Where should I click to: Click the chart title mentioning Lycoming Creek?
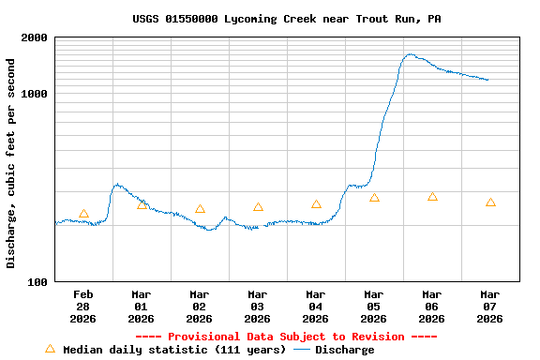tap(287, 19)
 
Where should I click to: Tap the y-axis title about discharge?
tap(11, 163)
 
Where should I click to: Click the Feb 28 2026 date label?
tap(83, 307)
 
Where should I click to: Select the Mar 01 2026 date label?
tap(142, 307)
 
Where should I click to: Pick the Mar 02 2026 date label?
tap(200, 307)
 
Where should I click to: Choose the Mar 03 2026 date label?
tap(258, 307)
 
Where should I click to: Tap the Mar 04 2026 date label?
tap(316, 307)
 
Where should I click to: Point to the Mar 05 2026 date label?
tap(374, 307)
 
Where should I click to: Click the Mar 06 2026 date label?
tap(432, 307)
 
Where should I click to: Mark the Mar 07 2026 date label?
tap(490, 307)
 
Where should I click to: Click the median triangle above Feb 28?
tap(83, 214)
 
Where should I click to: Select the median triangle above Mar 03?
tap(258, 207)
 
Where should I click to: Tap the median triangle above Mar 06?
tap(432, 197)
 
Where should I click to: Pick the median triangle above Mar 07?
tap(490, 202)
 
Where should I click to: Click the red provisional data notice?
tap(287, 337)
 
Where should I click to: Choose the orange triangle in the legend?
tap(51, 349)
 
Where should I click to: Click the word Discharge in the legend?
tap(344, 350)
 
